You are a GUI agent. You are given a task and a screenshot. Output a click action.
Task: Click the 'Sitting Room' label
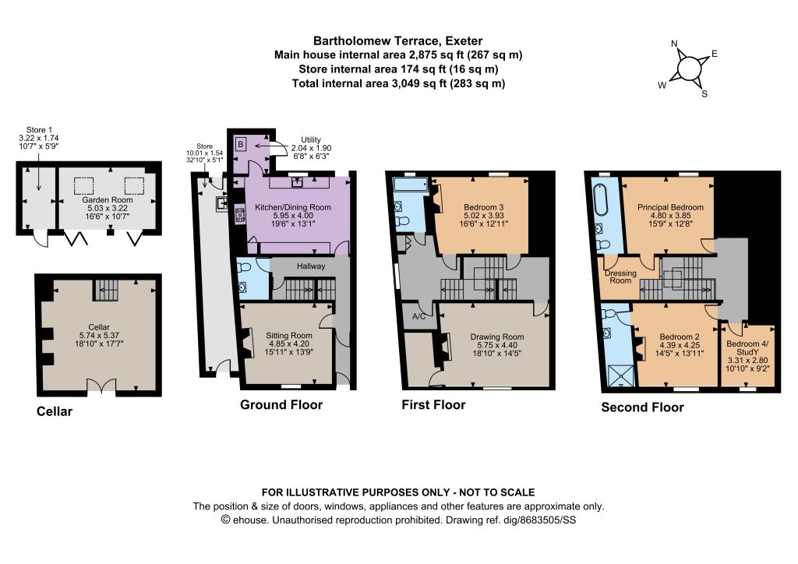(288, 336)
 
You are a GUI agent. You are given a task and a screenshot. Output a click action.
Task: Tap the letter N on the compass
(674, 44)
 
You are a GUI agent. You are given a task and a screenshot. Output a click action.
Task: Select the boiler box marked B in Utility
(241, 144)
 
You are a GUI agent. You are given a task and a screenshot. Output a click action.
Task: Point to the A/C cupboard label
(418, 317)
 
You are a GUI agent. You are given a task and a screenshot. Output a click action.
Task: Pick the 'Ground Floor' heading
(281, 405)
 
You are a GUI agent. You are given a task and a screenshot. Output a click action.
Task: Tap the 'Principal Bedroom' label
(670, 207)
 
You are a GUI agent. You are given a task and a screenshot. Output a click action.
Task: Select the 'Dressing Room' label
(620, 277)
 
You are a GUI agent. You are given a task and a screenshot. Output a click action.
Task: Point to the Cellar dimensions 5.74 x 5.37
(99, 335)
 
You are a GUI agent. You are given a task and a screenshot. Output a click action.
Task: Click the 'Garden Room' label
(108, 200)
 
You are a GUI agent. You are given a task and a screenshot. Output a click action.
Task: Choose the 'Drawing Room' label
(496, 337)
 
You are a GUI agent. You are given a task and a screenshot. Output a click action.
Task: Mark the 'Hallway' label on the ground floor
(310, 266)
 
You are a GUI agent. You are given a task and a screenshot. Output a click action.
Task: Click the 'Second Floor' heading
(642, 407)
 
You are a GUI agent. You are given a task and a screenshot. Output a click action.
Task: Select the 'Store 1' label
(39, 130)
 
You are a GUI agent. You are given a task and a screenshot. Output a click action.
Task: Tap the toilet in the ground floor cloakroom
(244, 267)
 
